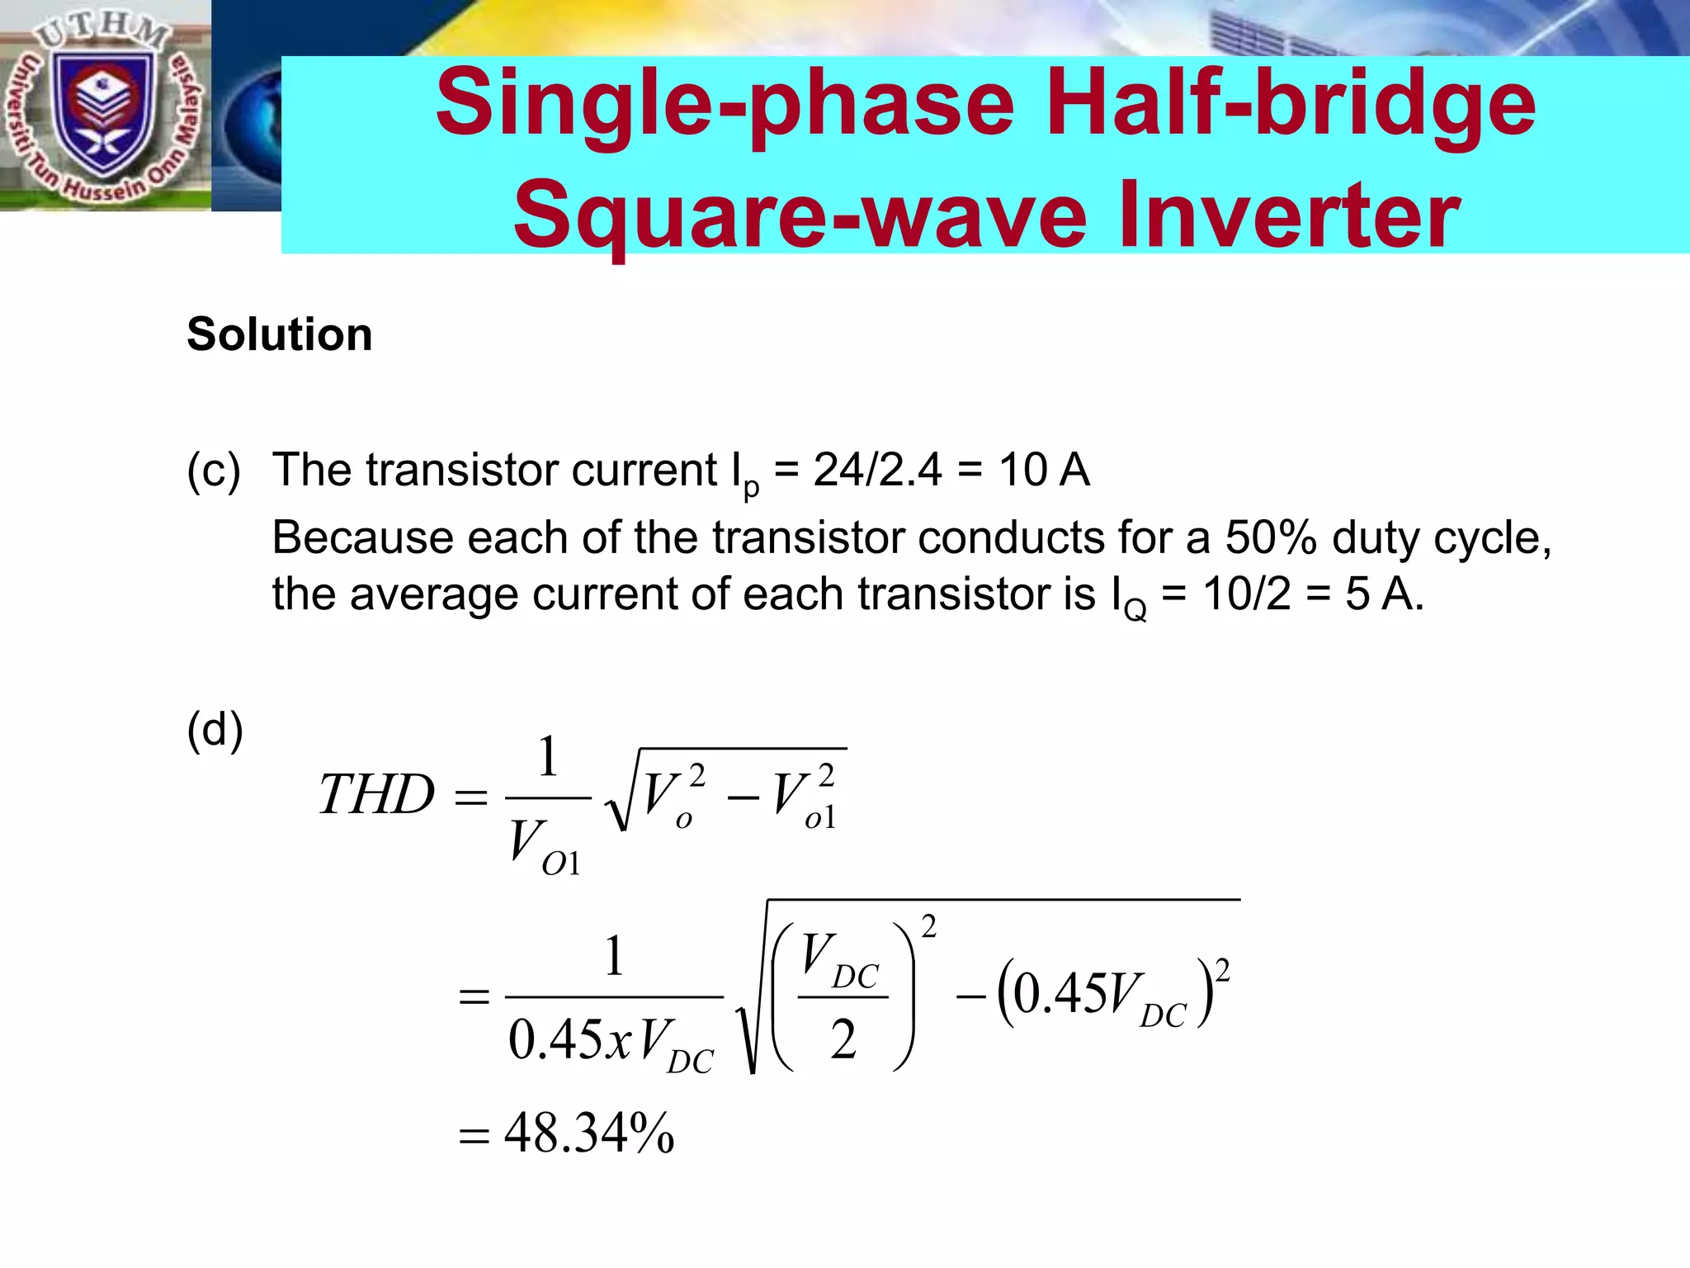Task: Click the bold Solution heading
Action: tap(280, 334)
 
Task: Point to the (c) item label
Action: tap(214, 471)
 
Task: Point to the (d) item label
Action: tap(215, 730)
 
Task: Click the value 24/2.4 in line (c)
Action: tap(877, 471)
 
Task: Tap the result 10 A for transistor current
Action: tap(1044, 471)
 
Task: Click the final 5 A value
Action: tap(1384, 594)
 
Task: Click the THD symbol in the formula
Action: tap(376, 795)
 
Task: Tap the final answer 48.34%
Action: tap(589, 1133)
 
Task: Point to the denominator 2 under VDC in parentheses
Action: tap(843, 1039)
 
